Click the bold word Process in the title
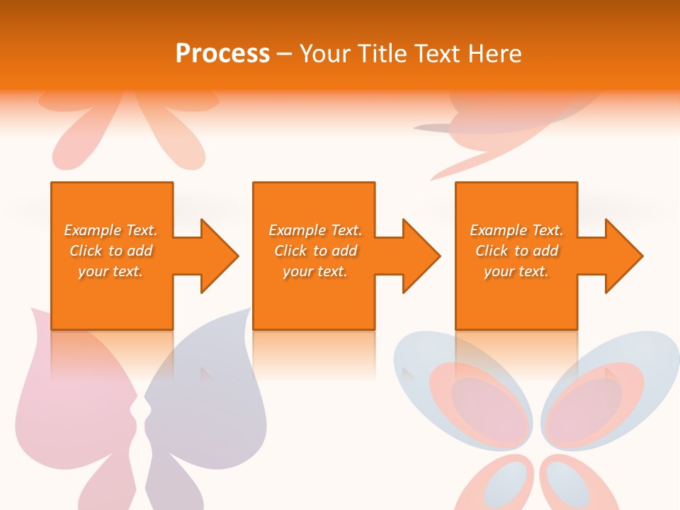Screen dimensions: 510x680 (222, 54)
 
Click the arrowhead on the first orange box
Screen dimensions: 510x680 (216, 256)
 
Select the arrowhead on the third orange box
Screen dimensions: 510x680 (620, 256)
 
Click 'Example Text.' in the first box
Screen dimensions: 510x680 (110, 230)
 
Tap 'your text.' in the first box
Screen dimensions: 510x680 (110, 271)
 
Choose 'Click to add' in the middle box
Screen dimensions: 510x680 (315, 251)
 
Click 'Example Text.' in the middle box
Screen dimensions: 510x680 (315, 230)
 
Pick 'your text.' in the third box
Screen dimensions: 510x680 (516, 271)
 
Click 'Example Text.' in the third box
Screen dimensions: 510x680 (516, 230)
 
